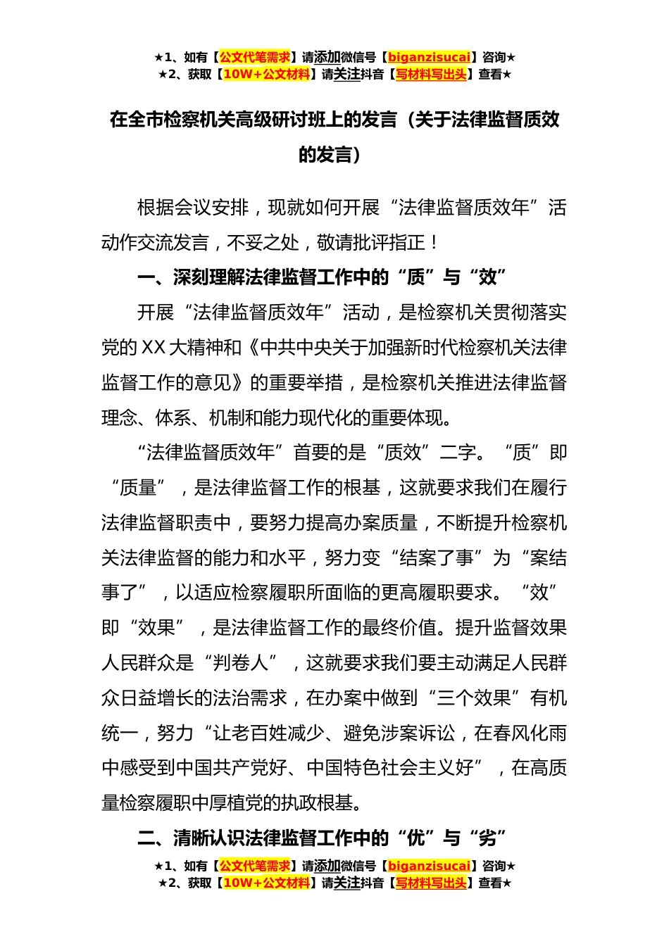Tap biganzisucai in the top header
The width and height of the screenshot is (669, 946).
[429, 57]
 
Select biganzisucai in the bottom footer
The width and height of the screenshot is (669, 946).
[429, 866]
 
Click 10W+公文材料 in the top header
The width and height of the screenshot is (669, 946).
[266, 74]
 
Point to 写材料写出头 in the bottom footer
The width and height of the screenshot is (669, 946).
[431, 883]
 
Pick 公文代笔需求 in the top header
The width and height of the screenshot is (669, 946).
[255, 57]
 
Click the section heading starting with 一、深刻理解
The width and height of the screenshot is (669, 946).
[322, 277]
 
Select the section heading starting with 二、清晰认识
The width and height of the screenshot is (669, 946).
[322, 838]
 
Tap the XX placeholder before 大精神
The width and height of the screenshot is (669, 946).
[154, 348]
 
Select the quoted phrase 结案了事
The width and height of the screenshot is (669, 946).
[437, 558]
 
